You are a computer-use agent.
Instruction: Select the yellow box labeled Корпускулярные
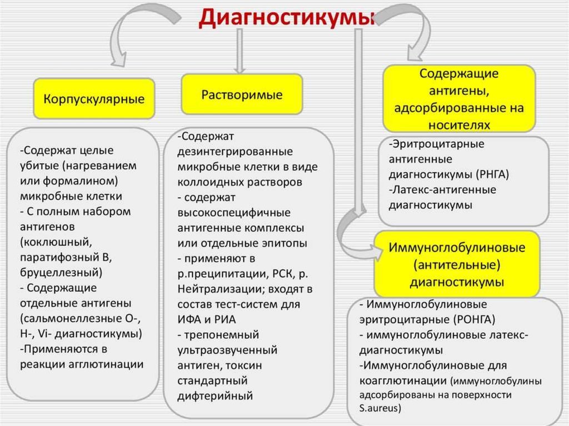[94, 99]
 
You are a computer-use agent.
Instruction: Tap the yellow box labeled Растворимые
[242, 94]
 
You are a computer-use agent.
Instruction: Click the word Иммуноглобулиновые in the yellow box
[457, 247]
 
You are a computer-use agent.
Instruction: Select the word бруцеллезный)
[61, 273]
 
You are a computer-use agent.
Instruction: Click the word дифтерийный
[215, 396]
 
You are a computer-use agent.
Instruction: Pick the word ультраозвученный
[227, 350]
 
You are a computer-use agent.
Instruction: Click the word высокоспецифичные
[234, 213]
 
